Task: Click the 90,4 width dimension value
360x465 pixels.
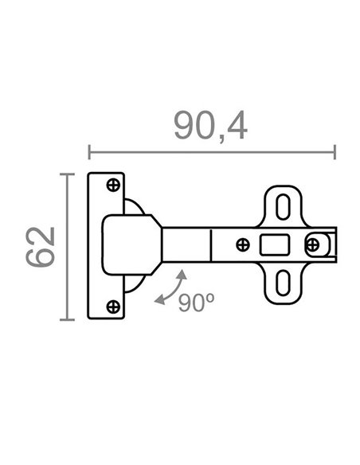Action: click(210, 126)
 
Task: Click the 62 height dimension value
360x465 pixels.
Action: click(41, 247)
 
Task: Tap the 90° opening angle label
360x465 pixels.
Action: click(196, 303)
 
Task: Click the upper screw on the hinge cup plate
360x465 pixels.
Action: click(113, 186)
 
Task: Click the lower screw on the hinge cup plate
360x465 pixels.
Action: click(113, 307)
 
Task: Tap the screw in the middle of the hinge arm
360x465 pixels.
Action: click(243, 245)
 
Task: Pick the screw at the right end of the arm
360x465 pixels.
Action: click(312, 245)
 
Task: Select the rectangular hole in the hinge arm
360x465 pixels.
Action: click(275, 244)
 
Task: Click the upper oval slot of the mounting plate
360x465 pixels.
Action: click(283, 207)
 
